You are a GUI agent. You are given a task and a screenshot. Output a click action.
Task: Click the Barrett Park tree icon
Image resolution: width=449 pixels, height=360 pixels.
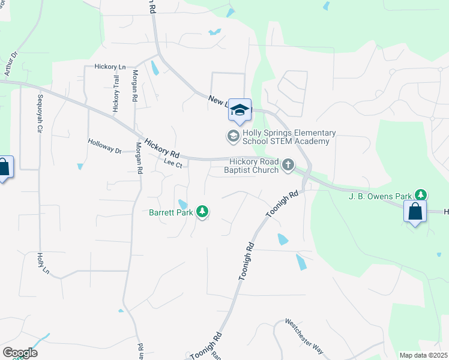[203, 212]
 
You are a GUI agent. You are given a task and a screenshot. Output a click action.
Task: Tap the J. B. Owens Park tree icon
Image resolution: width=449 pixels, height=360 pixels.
[422, 195]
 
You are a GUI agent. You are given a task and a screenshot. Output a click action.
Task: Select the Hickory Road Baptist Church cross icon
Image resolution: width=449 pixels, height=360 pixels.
[288, 164]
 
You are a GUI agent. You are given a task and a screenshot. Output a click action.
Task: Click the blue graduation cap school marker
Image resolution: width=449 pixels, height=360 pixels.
[240, 110]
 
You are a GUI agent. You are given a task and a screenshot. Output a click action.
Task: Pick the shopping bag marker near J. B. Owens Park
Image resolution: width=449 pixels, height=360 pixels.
[415, 212]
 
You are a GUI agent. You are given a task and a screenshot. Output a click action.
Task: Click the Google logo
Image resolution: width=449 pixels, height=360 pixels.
[20, 353]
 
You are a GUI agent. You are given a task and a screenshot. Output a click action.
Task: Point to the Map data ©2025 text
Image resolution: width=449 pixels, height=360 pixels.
[423, 355]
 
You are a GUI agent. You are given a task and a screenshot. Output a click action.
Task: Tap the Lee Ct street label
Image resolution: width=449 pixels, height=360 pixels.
[172, 164]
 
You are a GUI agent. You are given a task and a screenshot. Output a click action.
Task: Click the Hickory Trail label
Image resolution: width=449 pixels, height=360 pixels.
[116, 94]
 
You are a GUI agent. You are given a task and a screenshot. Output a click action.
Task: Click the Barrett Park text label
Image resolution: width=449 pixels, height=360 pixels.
[171, 212]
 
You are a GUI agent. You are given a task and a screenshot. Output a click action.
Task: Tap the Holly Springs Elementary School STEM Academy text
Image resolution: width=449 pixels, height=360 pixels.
[286, 137]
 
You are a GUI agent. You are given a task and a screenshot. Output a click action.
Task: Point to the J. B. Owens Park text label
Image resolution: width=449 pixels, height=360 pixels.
[381, 196]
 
